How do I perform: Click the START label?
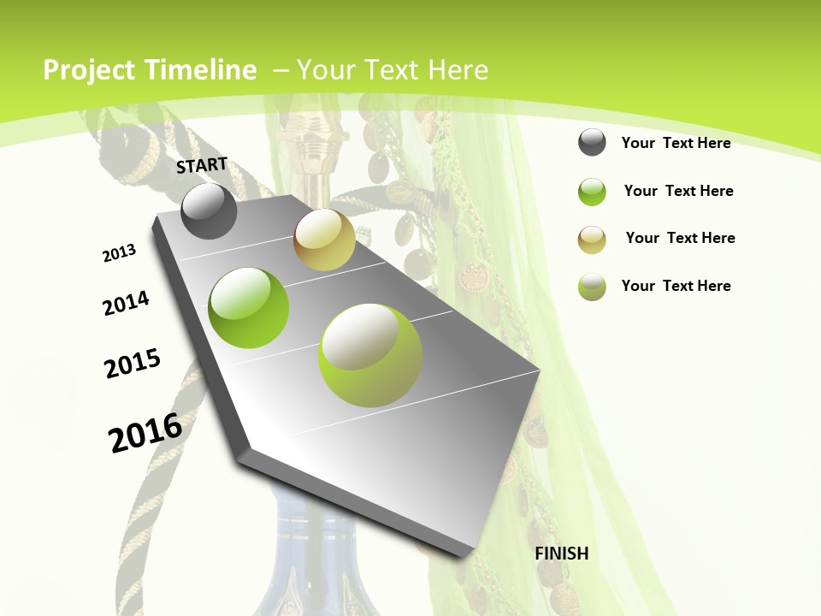tap(202, 165)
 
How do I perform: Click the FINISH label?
tap(562, 554)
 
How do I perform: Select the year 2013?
tap(120, 253)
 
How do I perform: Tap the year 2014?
tap(127, 304)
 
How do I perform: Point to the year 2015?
tap(133, 364)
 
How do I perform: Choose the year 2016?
tap(145, 432)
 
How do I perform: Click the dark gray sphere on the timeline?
tap(210, 211)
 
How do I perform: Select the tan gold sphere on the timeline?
tap(324, 240)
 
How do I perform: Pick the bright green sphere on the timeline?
tap(249, 308)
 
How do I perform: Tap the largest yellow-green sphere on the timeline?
tap(370, 355)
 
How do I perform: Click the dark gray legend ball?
tap(592, 143)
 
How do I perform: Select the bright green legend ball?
tap(592, 192)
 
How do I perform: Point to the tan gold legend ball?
tap(592, 239)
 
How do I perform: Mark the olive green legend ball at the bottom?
tap(592, 287)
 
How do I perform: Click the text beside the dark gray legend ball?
tap(676, 143)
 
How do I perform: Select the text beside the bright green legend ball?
tap(678, 191)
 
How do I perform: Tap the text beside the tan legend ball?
tap(680, 238)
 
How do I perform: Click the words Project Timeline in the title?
tap(150, 70)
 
